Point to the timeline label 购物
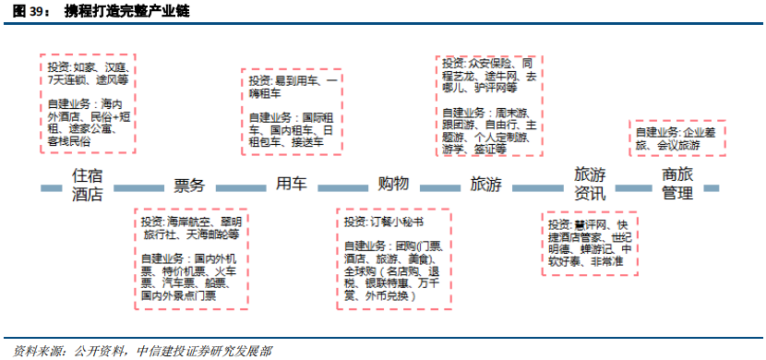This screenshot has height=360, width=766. click(x=393, y=184)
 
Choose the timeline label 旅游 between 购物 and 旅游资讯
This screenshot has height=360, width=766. click(x=486, y=185)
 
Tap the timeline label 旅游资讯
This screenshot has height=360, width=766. click(x=590, y=184)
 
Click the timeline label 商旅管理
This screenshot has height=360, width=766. click(x=676, y=184)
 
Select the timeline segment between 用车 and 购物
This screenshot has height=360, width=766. click(x=342, y=187)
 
